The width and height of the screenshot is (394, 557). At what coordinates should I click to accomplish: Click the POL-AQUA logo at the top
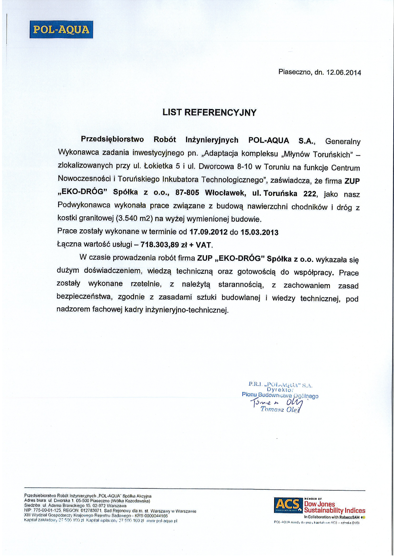tap(61, 30)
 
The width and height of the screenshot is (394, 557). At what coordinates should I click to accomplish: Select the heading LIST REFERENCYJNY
tap(209, 112)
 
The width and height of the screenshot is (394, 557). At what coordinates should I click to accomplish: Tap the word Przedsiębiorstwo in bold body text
tap(112, 139)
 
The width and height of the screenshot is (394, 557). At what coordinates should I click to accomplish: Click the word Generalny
tap(343, 141)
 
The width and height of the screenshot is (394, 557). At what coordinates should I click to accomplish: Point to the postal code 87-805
tap(187, 193)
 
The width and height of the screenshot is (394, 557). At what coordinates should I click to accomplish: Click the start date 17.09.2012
tap(208, 232)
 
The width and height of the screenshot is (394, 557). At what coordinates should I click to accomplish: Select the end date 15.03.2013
tap(259, 232)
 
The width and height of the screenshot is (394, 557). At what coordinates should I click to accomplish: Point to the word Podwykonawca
tap(84, 205)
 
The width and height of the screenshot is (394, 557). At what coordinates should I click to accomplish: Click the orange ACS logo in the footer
tap(288, 505)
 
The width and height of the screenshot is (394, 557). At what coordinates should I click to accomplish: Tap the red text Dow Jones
tap(319, 504)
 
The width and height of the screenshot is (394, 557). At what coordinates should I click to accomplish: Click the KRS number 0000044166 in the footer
tap(156, 516)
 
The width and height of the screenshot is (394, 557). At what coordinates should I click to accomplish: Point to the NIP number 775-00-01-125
tap(47, 511)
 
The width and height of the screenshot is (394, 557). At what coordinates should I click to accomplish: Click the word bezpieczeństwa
tap(85, 297)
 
